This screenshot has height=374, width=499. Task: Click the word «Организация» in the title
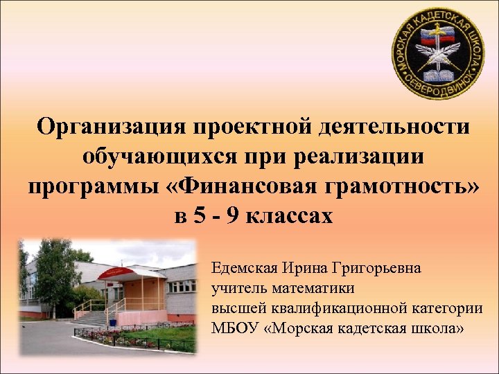pos(111,127)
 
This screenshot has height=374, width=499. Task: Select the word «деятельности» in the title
pos(390,127)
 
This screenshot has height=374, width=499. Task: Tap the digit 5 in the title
pos(200,217)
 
